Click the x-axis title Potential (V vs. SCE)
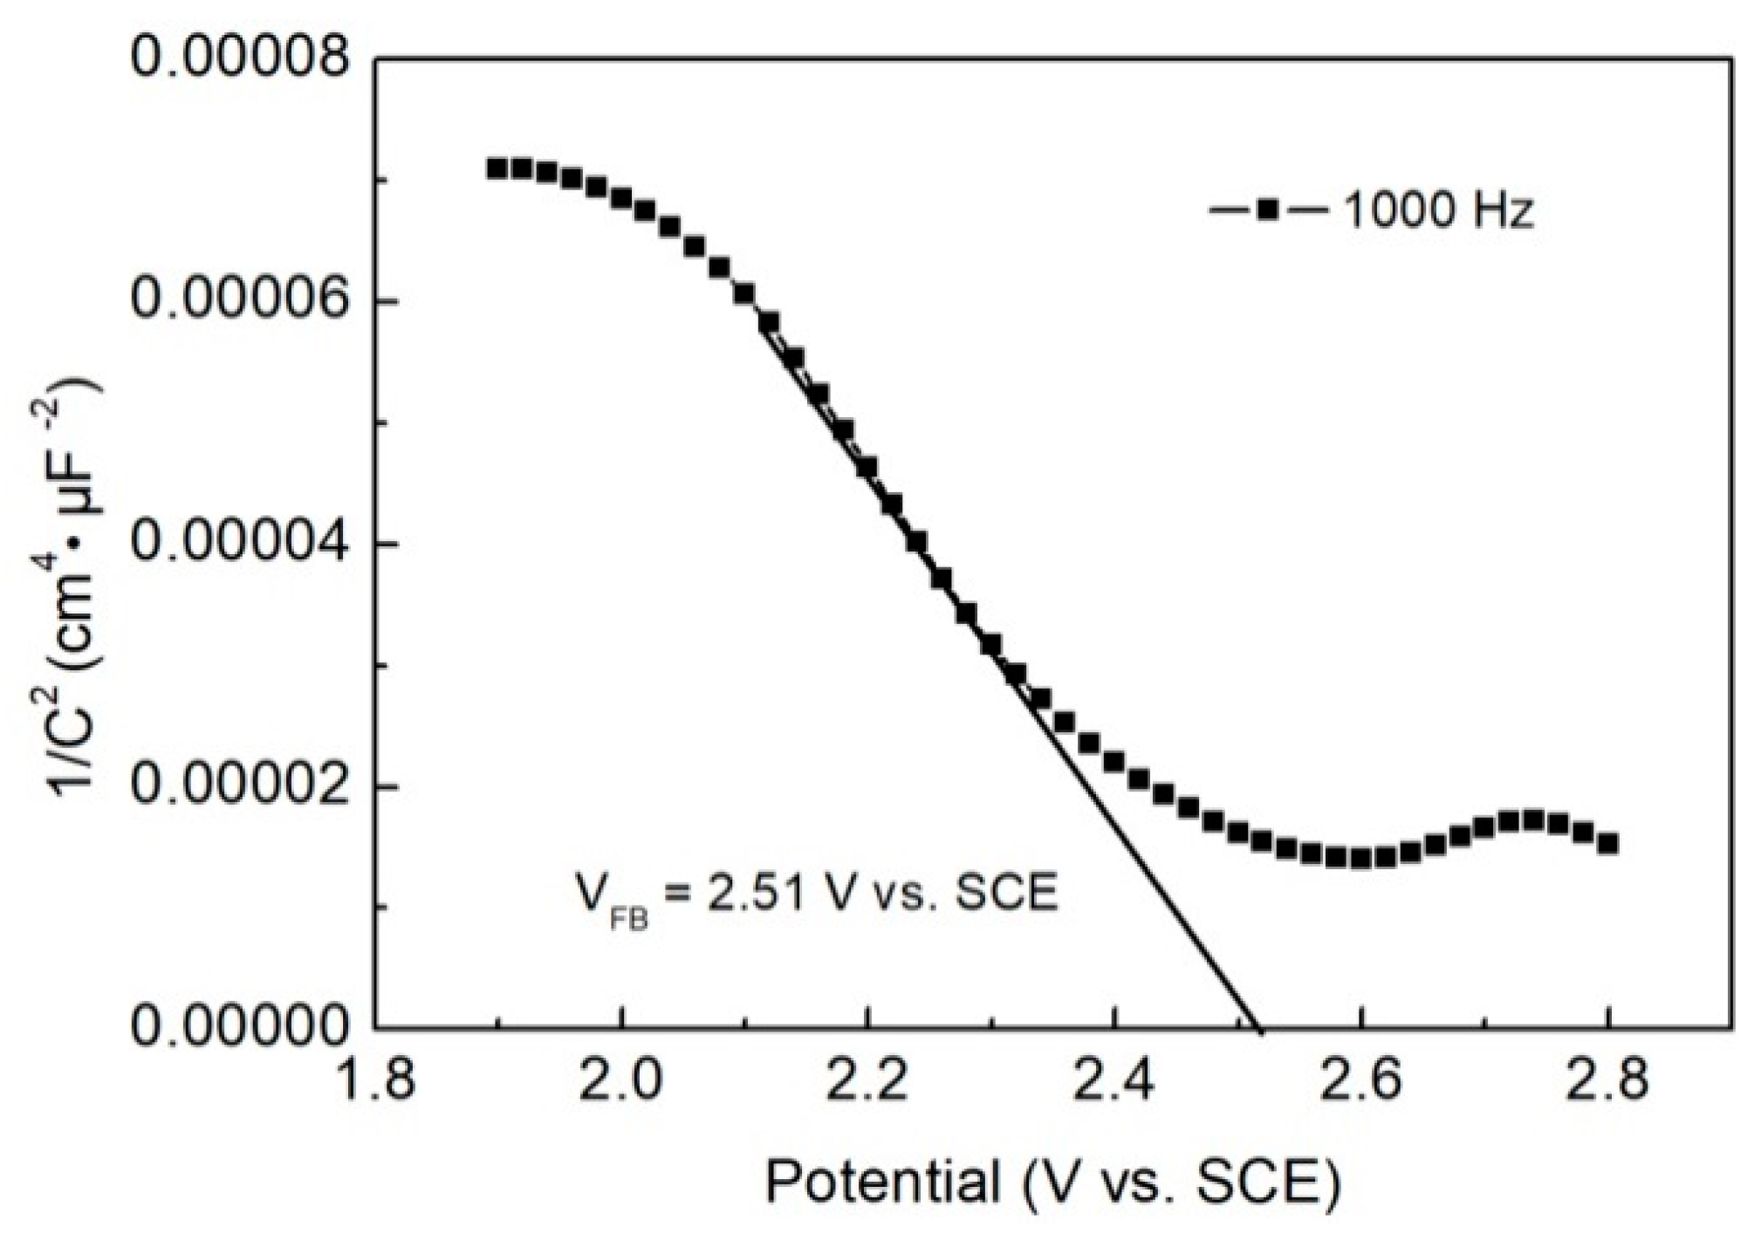1052,1183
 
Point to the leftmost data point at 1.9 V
497,168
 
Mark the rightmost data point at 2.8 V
1608,843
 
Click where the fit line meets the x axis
1257,1027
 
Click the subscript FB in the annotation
628,919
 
